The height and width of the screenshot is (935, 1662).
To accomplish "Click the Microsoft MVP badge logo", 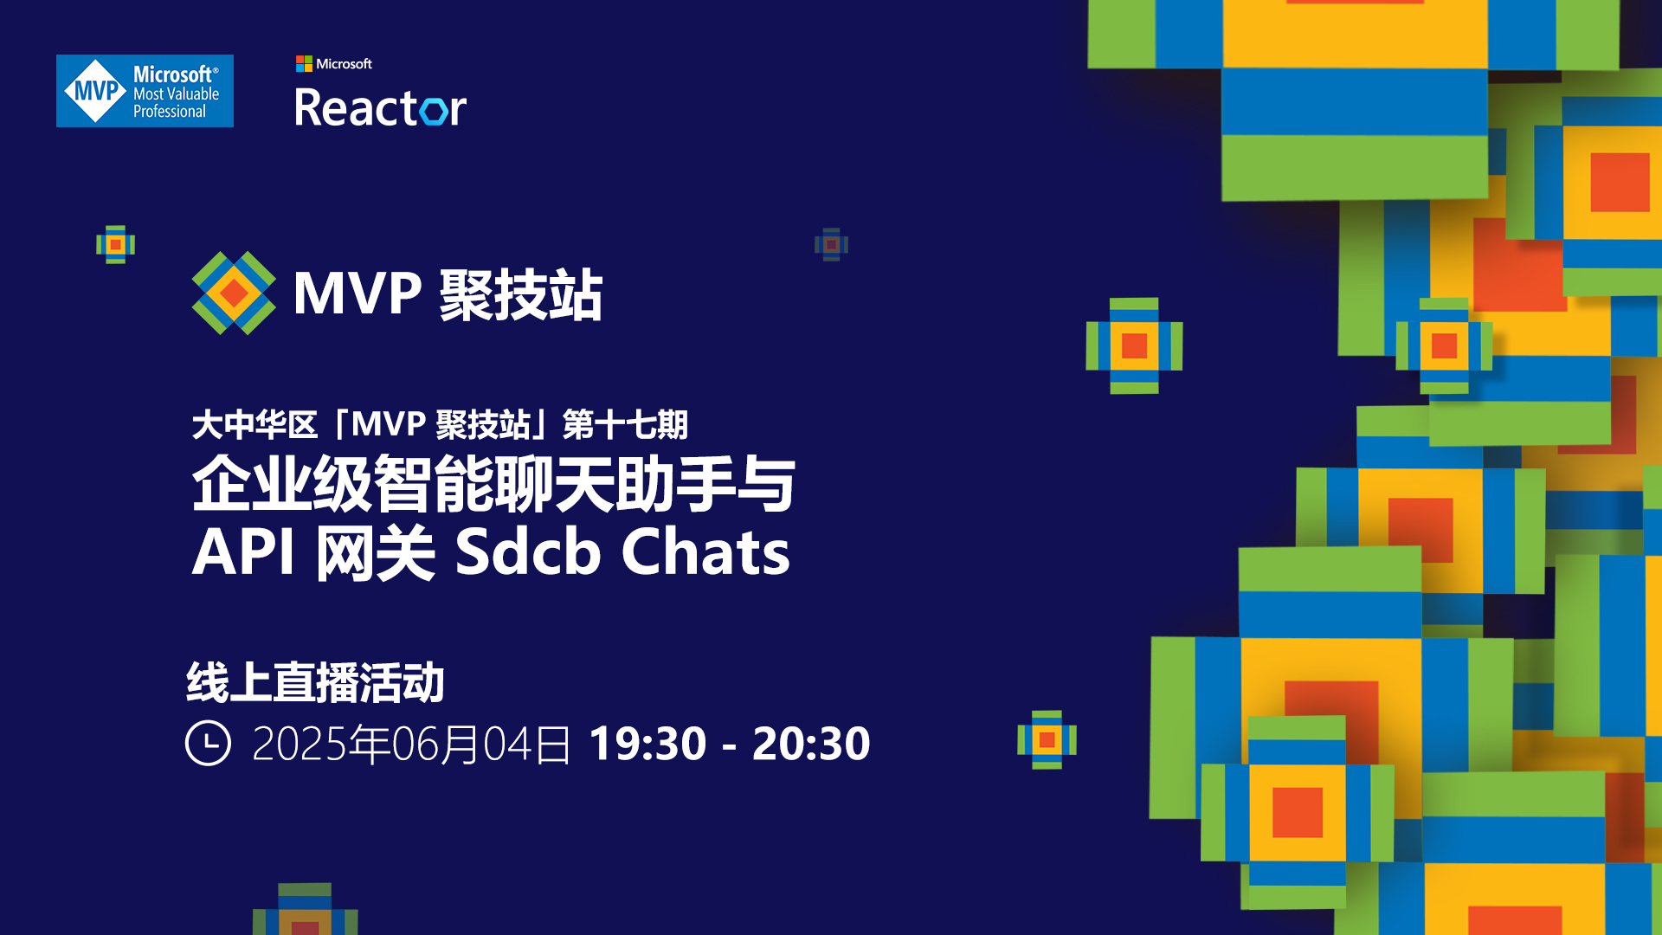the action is point(145,91).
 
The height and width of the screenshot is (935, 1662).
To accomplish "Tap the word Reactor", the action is point(380,108).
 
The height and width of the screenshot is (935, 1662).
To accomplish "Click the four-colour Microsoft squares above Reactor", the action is point(304,63).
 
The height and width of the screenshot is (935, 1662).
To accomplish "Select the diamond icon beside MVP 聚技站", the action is point(234,293).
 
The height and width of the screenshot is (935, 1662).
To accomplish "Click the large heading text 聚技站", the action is point(521,294).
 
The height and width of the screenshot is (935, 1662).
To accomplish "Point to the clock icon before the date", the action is point(208,743).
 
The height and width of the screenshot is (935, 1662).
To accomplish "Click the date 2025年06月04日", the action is point(411,744).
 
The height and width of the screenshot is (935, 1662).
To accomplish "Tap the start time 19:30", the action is point(647,744).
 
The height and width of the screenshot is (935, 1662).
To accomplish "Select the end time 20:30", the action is point(811,744).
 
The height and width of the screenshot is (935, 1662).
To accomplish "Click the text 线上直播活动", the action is point(315,682).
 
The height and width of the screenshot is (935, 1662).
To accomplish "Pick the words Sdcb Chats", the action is point(622,551).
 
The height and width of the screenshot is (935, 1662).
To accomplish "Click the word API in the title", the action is point(243,551).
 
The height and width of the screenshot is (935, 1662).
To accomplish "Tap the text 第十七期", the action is point(625,425).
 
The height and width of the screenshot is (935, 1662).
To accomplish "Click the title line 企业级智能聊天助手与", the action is point(493,483).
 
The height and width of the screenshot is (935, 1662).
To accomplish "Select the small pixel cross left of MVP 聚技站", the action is point(115,245).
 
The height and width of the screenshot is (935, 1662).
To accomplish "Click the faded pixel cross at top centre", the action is point(831,245).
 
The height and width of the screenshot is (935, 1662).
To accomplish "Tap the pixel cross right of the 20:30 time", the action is point(1047,740).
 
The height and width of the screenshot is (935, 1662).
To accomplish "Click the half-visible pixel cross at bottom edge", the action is point(305,909).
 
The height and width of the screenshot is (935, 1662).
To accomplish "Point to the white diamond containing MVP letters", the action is point(96,91).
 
